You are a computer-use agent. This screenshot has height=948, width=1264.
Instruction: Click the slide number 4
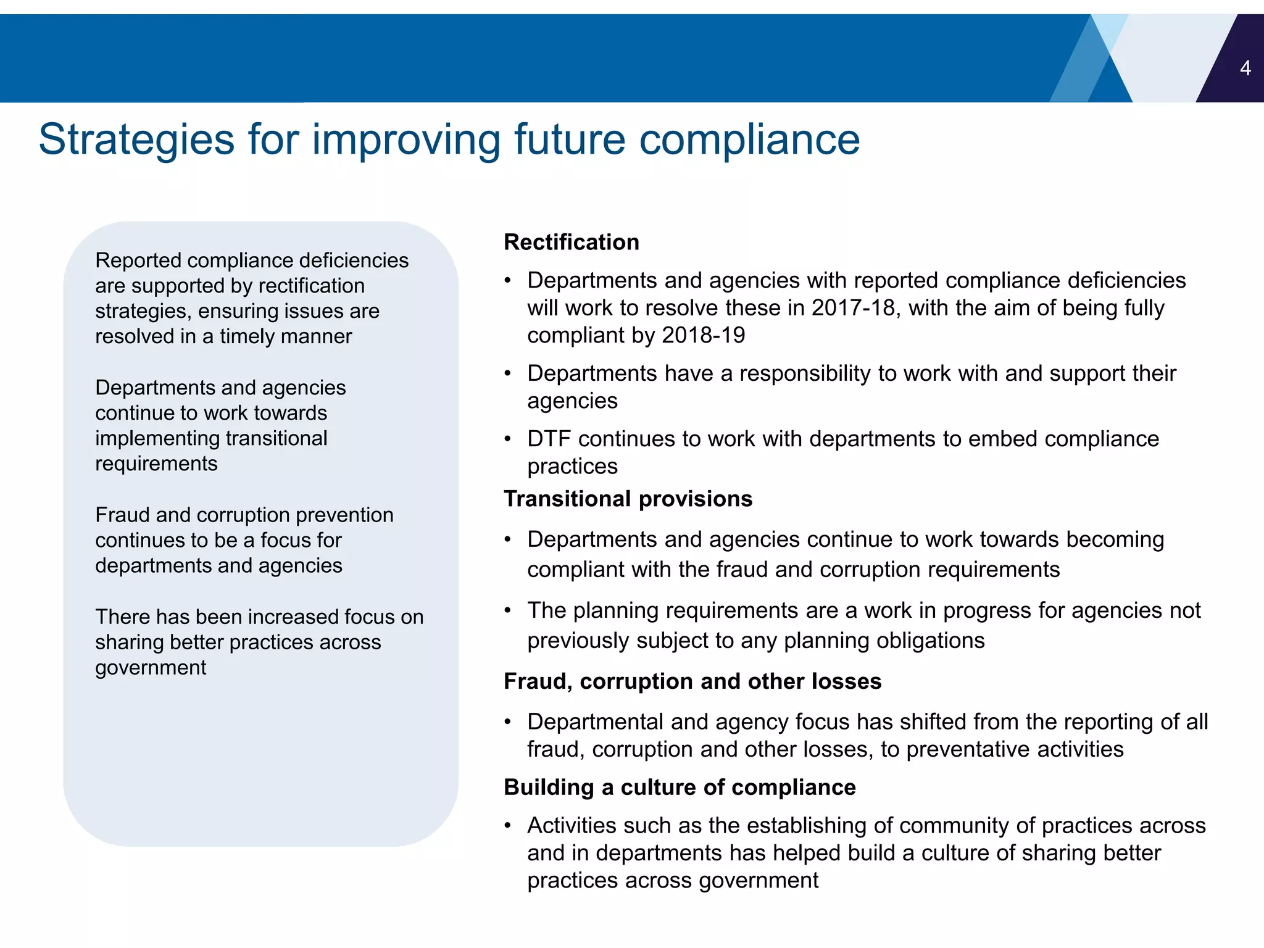(1245, 68)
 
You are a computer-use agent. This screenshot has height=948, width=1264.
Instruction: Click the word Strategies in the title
(136, 139)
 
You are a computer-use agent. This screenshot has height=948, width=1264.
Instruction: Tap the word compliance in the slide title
(749, 139)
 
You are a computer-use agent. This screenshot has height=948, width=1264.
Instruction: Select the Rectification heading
(571, 242)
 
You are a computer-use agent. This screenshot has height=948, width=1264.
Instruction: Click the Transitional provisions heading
(628, 499)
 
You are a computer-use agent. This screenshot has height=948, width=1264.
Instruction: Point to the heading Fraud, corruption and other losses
(692, 681)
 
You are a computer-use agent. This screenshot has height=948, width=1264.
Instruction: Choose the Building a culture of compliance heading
(679, 788)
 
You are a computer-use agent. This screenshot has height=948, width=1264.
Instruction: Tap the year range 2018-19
(704, 335)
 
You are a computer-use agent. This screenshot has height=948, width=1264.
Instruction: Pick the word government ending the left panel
(151, 668)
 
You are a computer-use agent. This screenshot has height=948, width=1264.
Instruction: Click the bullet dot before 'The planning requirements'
(508, 610)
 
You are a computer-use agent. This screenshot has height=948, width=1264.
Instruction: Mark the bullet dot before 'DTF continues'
(508, 439)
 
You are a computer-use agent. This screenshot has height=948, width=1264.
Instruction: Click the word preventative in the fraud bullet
(968, 749)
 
